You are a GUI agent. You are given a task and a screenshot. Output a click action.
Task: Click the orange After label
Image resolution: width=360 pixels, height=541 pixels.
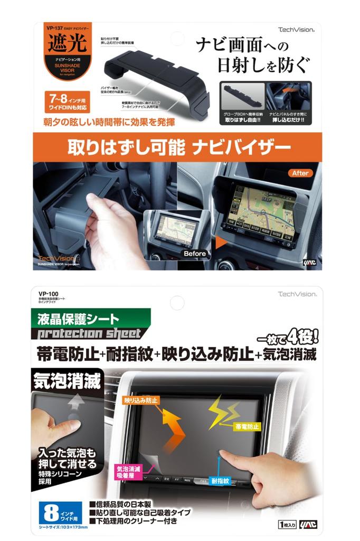[x=299, y=173]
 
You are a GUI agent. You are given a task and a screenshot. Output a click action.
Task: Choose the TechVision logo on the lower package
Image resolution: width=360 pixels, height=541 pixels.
[x=297, y=293]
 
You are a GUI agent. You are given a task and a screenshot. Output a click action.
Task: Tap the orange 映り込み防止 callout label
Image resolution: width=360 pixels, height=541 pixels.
[x=141, y=401]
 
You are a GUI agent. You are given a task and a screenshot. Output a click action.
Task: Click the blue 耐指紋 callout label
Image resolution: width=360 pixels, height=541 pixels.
[x=220, y=481]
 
